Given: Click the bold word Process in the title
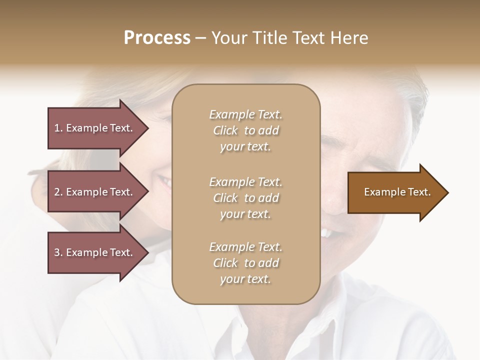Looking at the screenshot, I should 157,38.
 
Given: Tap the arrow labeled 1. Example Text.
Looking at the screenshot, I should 95,128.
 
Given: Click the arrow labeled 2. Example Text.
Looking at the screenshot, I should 95,192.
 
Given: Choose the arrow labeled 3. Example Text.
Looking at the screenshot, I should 95,252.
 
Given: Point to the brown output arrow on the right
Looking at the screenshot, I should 395,192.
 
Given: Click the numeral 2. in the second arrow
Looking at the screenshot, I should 58,192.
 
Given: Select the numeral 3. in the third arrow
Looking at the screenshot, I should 58,252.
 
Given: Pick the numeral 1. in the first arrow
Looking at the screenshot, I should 58,128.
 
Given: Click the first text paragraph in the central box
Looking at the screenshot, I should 245,130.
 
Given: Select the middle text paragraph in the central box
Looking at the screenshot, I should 245,198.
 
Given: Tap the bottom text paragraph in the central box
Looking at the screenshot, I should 245,263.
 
